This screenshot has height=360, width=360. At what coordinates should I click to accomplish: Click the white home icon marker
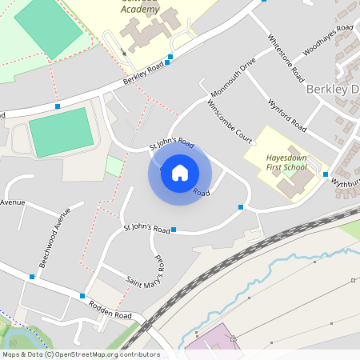tap(180, 173)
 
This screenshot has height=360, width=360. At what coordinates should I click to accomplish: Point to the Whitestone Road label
tap(286, 56)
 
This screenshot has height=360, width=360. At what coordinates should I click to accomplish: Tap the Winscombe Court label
tap(230, 121)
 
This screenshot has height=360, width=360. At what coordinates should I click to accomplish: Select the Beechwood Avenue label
tap(55, 238)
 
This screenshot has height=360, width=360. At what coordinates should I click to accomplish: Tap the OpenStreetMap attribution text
tap(81, 354)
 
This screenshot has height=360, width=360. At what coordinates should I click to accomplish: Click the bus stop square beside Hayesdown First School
tap(326, 174)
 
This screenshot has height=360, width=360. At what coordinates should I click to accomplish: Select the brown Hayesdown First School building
tap(293, 185)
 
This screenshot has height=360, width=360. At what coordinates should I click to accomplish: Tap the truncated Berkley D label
tap(332, 89)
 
